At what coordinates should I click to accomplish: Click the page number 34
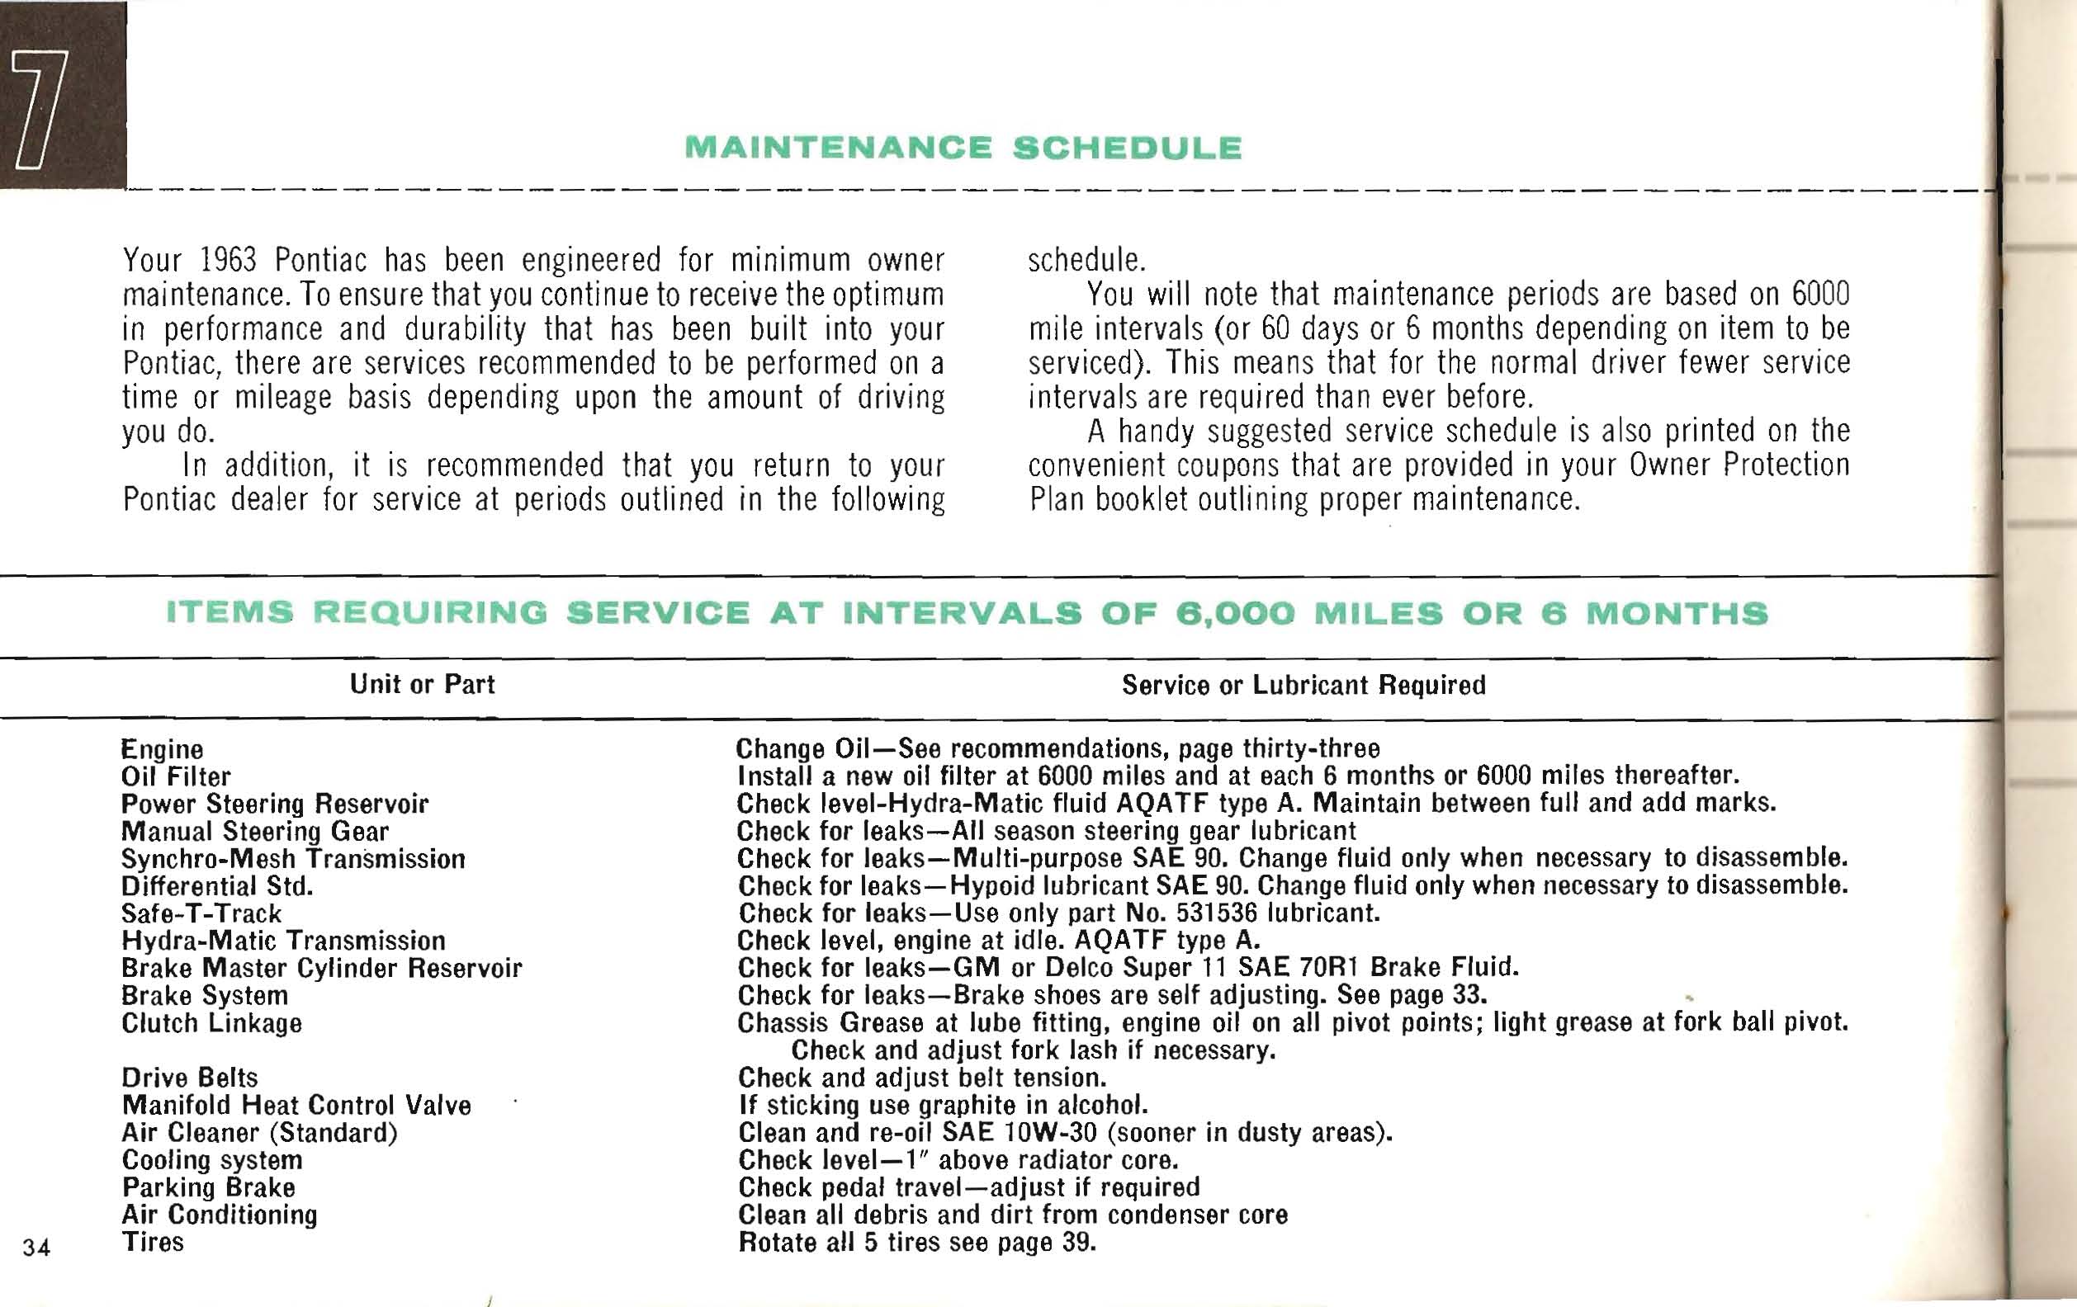[x=36, y=1248]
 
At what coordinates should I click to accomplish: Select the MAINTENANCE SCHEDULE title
[x=963, y=149]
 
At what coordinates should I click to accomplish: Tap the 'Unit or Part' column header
[x=422, y=685]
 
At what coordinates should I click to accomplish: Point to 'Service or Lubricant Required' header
[x=1303, y=686]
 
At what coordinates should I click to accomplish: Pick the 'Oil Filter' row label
[x=176, y=776]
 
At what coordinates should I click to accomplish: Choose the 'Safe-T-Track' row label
[x=201, y=913]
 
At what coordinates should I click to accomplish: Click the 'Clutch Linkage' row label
[x=211, y=1023]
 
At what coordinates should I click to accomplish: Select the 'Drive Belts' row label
[x=190, y=1078]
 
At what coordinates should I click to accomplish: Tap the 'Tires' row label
[x=153, y=1243]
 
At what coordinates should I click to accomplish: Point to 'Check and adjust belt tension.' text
[x=922, y=1078]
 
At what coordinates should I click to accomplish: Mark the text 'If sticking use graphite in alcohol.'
[x=943, y=1106]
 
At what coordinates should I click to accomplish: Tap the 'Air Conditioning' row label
[x=219, y=1215]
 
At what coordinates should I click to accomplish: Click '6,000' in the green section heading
[x=1235, y=613]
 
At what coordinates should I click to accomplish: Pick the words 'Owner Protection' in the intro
[x=1739, y=465]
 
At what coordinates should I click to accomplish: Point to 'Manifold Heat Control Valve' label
[x=296, y=1106]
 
